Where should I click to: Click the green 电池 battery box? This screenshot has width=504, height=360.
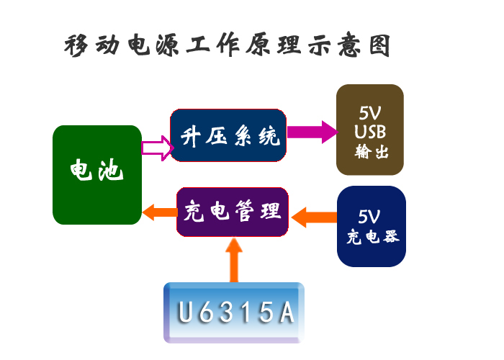click(x=96, y=175)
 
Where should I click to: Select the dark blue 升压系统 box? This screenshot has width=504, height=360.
click(x=228, y=135)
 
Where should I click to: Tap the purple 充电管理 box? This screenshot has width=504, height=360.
click(x=233, y=212)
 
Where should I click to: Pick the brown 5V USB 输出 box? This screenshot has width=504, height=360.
click(x=370, y=129)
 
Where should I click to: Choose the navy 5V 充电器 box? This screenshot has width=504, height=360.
click(x=372, y=226)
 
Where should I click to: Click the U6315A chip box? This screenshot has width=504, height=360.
click(x=234, y=312)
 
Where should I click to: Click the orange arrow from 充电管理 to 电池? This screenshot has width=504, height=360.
click(x=158, y=212)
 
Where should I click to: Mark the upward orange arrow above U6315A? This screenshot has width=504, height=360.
click(x=234, y=260)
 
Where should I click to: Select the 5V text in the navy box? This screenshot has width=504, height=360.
click(x=369, y=217)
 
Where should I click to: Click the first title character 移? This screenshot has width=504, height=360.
click(x=77, y=46)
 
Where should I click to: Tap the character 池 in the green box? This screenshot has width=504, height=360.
click(x=110, y=171)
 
